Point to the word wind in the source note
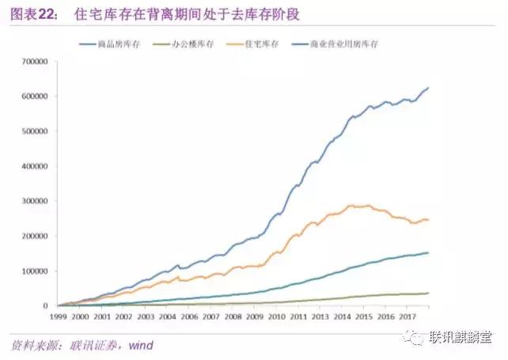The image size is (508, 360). point(140,345)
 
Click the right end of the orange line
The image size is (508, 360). point(428,220)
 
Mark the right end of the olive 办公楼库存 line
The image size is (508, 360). point(429,293)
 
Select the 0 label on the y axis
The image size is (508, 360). point(52,305)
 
